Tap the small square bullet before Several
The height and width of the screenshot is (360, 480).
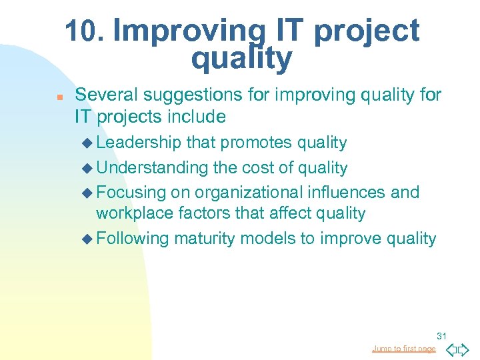[59, 97]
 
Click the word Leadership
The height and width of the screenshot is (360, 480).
[139, 143]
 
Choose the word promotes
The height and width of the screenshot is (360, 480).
[256, 143]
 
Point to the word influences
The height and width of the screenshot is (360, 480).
[352, 193]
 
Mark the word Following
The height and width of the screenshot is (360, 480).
[133, 238]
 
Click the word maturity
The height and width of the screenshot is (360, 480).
[204, 238]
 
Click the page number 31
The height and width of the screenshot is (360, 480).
[441, 336]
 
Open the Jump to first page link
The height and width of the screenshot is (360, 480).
[403, 349]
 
